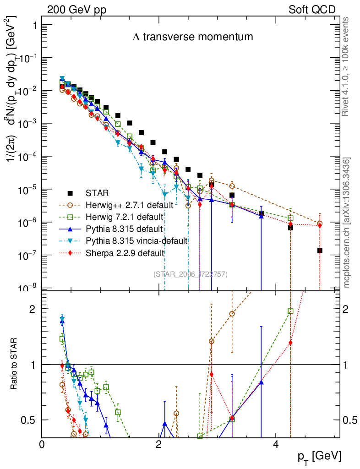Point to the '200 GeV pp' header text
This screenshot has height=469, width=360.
(x=73, y=10)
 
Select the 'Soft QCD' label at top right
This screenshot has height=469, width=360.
(x=312, y=10)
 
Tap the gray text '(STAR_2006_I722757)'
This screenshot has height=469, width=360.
(x=191, y=274)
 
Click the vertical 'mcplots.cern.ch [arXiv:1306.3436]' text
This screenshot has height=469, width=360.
(x=347, y=223)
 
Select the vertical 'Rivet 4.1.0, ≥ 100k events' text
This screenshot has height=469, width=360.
(x=347, y=66)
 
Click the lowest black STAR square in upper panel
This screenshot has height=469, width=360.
(x=320, y=250)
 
